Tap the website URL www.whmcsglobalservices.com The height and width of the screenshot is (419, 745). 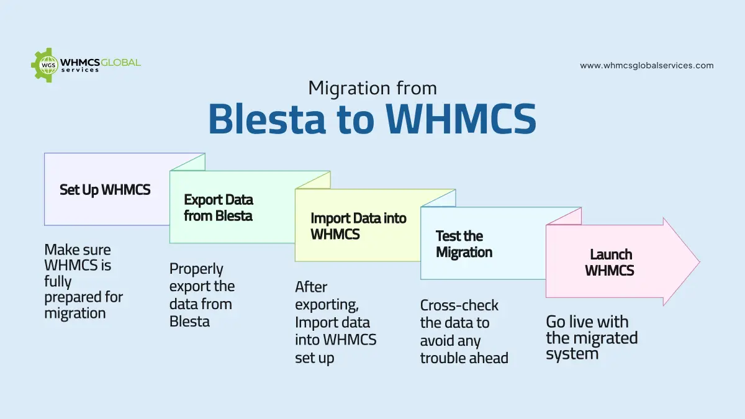tap(646, 65)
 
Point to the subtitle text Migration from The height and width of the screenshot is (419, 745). tap(372, 88)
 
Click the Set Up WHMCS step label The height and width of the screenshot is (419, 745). tap(105, 190)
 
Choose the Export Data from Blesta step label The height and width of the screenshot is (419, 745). tap(219, 208)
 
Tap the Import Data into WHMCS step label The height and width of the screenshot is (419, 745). tap(358, 227)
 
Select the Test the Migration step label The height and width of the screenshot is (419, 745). tap(464, 244)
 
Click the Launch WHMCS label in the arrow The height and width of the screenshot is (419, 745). tap(610, 263)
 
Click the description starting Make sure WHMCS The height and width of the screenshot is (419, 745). tap(83, 281)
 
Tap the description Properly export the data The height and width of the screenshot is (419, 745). tap(202, 295)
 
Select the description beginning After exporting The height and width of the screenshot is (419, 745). tap(335, 322)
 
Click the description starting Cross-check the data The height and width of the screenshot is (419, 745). tap(464, 331)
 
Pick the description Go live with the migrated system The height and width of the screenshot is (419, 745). tap(591, 338)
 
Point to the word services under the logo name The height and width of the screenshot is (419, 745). tap(80, 70)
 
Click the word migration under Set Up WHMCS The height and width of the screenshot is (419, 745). tap(74, 313)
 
